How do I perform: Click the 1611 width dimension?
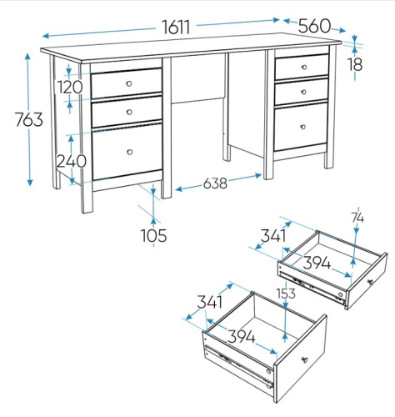point(176,27)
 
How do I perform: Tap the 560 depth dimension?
point(314,26)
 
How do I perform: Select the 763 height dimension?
point(29,119)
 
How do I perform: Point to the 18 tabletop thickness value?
point(355,64)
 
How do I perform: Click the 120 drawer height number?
point(70,87)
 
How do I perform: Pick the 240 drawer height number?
point(72,161)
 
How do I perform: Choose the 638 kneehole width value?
point(215,183)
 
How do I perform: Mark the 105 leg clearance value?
point(154,235)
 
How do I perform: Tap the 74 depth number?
point(357,219)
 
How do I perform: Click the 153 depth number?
point(286,294)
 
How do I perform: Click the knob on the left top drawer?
point(129,83)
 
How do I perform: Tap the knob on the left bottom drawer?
point(129,152)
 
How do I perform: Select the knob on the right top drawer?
point(304,67)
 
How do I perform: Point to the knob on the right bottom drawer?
point(303,127)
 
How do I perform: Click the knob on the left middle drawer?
point(129,112)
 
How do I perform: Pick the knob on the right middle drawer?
point(303,92)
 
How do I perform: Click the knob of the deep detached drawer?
point(304,359)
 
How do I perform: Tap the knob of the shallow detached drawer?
point(370,282)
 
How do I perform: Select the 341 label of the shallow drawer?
point(273,236)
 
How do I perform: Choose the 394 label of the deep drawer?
point(241,337)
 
